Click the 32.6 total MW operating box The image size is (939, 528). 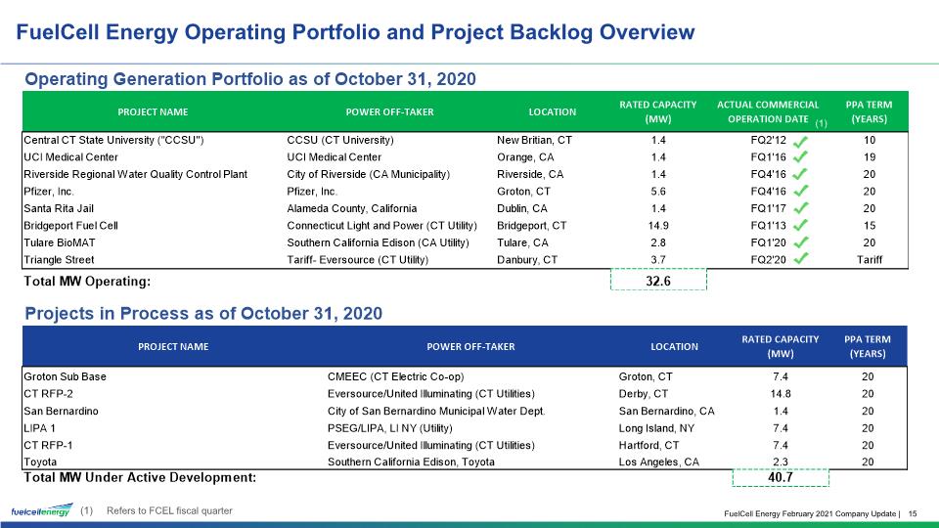pos(658,281)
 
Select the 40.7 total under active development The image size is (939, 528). pos(781,477)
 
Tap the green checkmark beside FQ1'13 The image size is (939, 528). pos(801,225)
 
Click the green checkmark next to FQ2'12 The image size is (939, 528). pos(801,142)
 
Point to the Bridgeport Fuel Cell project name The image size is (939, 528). pos(70,226)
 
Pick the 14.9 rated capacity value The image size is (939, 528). pos(658,226)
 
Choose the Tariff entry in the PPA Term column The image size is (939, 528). pos(869,260)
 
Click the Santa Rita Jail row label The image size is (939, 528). pos(59,208)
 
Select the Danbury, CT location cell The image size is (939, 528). pos(527,260)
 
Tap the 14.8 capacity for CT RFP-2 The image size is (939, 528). pos(781,394)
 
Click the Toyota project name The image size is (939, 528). pos(40,462)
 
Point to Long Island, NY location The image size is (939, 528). pos(656,428)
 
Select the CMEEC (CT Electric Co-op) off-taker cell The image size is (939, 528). pos(396,376)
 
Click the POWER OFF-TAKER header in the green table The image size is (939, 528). pos(390,111)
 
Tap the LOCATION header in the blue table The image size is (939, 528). pos(674,346)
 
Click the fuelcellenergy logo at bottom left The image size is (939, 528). pos(42,510)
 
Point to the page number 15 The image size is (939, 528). pos(913,513)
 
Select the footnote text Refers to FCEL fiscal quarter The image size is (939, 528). pos(169,510)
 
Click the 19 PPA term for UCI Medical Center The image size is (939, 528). pos(870,156)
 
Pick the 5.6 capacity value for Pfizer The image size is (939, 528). pos(658,192)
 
